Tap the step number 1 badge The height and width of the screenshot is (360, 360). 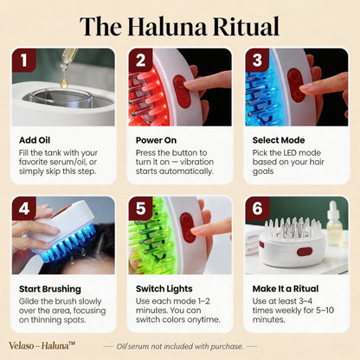(22, 60)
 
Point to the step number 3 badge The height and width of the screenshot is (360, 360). (255, 60)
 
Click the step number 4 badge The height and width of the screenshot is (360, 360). (22, 208)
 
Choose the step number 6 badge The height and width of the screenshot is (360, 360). (255, 208)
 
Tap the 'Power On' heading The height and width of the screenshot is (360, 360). (157, 139)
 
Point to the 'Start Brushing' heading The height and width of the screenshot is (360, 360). (49, 288)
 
